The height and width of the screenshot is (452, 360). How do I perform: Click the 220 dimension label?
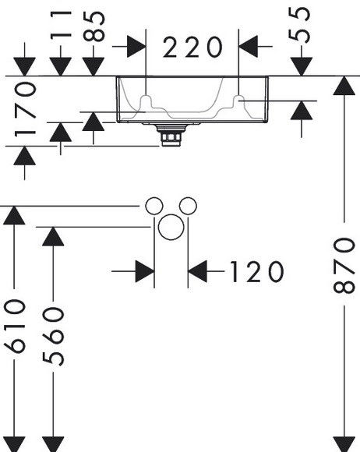point(192,47)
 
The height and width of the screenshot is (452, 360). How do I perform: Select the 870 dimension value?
point(344,265)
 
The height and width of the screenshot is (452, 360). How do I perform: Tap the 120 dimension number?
point(257,271)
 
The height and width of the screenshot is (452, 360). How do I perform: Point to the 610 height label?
point(14,326)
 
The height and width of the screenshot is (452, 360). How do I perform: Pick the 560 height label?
point(53,336)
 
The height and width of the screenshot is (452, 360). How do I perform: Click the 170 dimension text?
point(26,109)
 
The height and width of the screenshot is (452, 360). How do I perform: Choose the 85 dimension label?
point(94,26)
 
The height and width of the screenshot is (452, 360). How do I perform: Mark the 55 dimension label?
point(300,25)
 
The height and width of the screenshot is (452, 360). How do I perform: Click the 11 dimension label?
point(61,24)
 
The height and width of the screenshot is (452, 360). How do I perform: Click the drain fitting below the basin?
point(171,135)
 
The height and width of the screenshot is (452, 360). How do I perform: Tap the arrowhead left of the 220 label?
point(136,46)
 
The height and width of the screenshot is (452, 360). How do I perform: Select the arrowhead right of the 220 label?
point(248,46)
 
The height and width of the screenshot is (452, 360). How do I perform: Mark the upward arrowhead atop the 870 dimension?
point(344,85)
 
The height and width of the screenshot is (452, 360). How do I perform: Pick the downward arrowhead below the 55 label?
point(302,67)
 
